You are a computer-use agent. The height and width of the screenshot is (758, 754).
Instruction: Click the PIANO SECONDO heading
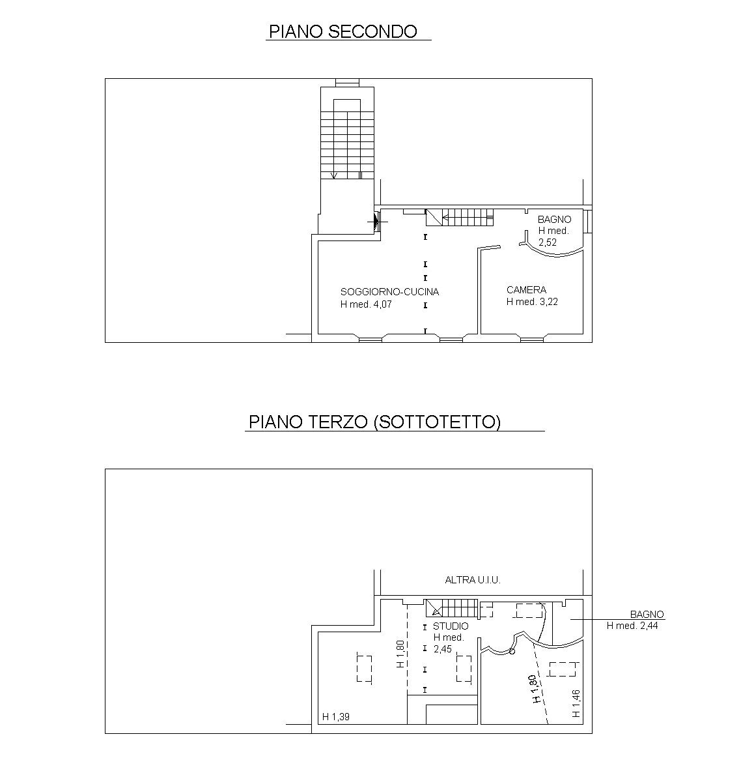point(343,31)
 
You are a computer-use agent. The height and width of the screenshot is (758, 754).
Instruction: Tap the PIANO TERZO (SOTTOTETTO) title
point(374,422)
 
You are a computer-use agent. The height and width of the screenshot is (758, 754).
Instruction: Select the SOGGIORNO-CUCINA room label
point(389,291)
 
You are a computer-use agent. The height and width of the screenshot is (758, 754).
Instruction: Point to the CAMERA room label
point(526,289)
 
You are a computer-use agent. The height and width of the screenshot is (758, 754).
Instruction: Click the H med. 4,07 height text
point(367,304)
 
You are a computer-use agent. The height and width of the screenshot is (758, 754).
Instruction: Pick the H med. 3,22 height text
point(532,302)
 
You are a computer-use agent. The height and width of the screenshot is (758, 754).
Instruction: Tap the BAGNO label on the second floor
point(554,220)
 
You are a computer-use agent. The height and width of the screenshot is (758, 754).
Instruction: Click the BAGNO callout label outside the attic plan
point(647,614)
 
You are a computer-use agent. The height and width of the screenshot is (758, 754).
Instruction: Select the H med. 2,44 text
point(636,626)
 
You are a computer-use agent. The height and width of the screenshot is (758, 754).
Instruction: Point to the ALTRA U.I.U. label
point(472,579)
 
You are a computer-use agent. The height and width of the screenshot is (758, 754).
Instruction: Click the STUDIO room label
point(451,626)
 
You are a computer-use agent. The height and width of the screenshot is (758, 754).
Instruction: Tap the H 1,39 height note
point(336,717)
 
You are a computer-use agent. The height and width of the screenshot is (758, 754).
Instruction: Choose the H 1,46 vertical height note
point(576,704)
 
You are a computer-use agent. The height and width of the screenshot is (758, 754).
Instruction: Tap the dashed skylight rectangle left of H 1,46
point(563,669)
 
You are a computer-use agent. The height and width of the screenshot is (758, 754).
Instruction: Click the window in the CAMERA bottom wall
point(531,338)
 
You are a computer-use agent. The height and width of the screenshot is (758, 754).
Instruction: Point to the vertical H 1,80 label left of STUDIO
point(400,654)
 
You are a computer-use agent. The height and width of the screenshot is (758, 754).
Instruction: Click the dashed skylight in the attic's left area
point(364,668)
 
